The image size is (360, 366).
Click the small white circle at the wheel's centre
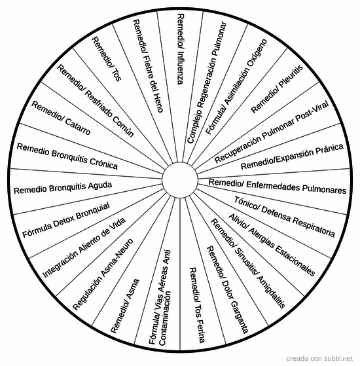pos(180,180)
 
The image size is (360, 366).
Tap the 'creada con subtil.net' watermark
pos(319,358)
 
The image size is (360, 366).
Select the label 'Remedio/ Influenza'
pos(181,49)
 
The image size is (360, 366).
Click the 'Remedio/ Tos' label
pos(107,59)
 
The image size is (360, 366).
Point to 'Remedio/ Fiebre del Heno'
pos(148,66)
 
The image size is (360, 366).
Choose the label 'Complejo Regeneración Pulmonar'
pos(207,82)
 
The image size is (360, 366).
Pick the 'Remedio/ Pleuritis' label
pos(277,89)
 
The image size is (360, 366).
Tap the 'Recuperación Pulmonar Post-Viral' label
pos(272,132)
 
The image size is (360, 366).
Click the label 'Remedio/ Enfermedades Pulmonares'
pos(278,186)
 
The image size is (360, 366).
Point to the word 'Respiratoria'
pos(314,227)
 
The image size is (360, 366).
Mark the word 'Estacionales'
pos(295,261)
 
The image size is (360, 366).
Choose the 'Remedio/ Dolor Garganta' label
pos(227,289)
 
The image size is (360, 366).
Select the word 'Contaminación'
pos(165,318)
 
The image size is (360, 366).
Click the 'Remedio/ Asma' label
pos(125,306)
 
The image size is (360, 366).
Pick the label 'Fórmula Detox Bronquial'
pos(66,221)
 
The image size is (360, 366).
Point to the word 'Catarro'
pos(78,127)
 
